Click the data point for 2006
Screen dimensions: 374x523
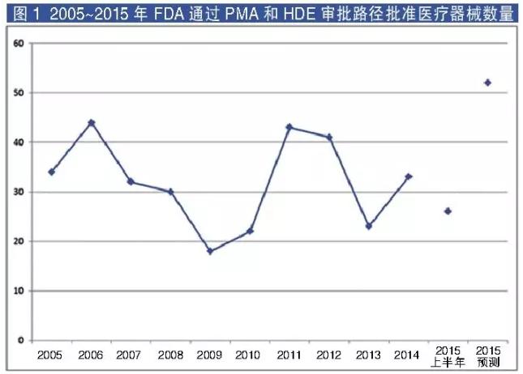(x=91, y=123)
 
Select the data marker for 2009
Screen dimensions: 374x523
(x=210, y=251)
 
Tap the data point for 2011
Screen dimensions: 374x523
(x=289, y=127)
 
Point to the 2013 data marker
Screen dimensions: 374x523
(x=368, y=226)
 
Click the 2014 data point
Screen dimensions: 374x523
(x=408, y=176)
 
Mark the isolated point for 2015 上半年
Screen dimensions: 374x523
(x=448, y=211)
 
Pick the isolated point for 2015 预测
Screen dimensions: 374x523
(x=487, y=83)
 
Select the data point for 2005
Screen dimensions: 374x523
(x=51, y=172)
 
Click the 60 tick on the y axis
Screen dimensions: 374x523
(x=17, y=44)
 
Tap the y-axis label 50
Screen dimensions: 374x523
(x=17, y=93)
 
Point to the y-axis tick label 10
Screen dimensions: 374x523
(x=17, y=291)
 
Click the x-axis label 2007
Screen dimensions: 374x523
(x=130, y=354)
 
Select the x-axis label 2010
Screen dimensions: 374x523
(x=249, y=354)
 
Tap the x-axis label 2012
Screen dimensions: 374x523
(x=328, y=354)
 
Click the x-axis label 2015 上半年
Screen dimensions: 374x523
(x=448, y=359)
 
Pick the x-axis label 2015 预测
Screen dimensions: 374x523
(x=487, y=359)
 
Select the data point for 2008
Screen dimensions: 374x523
(x=170, y=192)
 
